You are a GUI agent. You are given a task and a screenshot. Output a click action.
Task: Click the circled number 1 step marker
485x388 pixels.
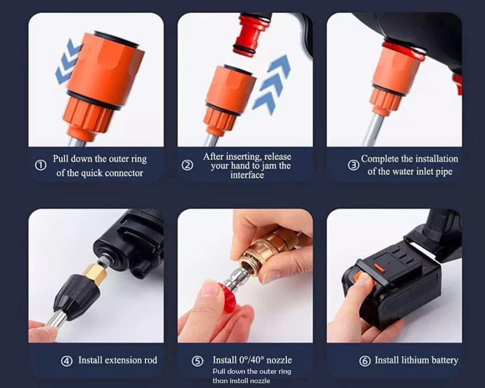(40, 166)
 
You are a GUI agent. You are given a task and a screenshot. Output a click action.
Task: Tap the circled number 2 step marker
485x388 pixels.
(188, 166)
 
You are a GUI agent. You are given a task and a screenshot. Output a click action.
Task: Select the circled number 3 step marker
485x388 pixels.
(353, 166)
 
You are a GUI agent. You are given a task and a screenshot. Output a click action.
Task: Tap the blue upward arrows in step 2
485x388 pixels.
(272, 83)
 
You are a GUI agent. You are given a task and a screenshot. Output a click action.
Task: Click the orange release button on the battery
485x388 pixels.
(379, 268)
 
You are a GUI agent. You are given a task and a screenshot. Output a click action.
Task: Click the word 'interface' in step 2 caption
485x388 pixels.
(247, 175)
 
